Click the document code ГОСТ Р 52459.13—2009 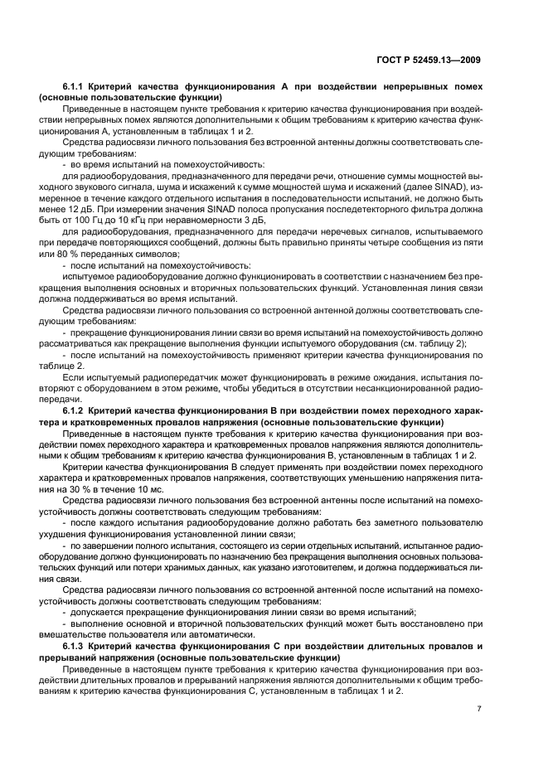click(x=430, y=60)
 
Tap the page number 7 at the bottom click(x=480, y=709)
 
